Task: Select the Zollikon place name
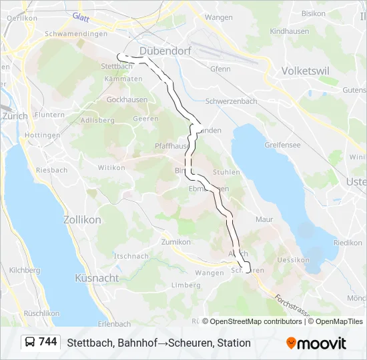click(x=81, y=219)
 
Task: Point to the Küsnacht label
click(x=97, y=277)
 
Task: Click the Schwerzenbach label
click(x=232, y=101)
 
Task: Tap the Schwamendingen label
click(x=75, y=34)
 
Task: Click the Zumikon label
click(x=176, y=242)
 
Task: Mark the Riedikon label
click(x=348, y=243)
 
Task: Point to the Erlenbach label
click(x=114, y=324)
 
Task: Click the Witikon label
click(x=111, y=167)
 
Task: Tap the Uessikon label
click(x=292, y=260)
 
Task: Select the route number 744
click(x=48, y=342)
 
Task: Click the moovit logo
click(x=316, y=343)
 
